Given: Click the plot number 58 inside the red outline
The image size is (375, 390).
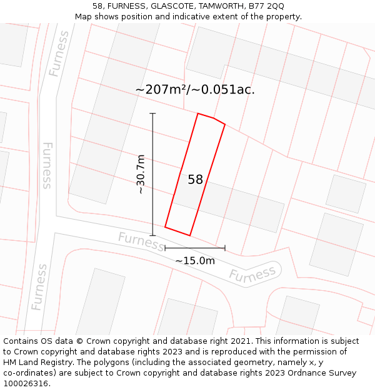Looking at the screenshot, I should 195,180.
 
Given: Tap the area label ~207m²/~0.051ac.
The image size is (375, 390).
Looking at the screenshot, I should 195,89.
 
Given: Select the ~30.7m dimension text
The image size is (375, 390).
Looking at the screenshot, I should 141,174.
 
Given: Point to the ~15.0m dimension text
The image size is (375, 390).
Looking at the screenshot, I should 194,261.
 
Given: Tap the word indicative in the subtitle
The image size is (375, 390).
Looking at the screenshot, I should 199,17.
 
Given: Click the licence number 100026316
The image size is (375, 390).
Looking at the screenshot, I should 26,383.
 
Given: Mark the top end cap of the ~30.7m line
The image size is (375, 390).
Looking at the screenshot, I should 152,114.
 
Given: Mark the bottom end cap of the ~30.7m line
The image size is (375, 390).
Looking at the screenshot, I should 152,235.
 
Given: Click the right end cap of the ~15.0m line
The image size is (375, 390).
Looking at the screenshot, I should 225,248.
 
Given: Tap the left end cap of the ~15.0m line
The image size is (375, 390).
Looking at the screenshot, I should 165,248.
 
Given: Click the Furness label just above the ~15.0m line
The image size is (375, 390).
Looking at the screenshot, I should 141,241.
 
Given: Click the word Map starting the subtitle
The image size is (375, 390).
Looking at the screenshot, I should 83,17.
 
